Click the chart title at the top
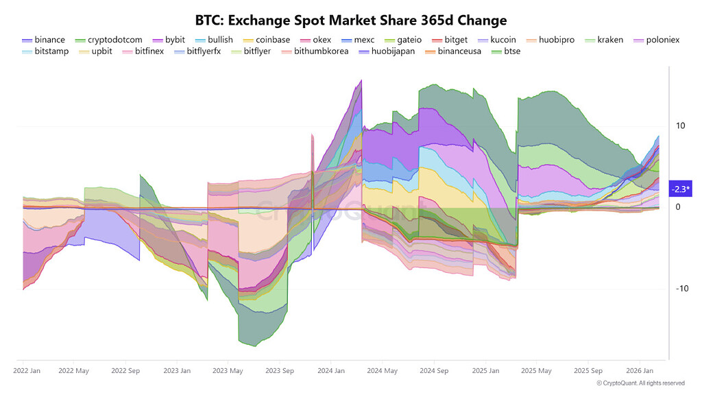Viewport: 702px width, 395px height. point(350,19)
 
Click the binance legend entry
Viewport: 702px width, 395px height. point(43,40)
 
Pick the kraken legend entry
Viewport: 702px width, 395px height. point(603,40)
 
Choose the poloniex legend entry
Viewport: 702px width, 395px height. point(656,40)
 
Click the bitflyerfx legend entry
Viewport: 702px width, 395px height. point(197,51)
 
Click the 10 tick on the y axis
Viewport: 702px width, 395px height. point(681,126)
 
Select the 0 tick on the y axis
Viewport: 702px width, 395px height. point(678,207)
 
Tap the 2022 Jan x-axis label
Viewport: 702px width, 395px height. point(27,371)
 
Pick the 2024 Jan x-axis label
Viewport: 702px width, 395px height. point(331,371)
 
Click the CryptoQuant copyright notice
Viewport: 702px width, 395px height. point(640,383)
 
